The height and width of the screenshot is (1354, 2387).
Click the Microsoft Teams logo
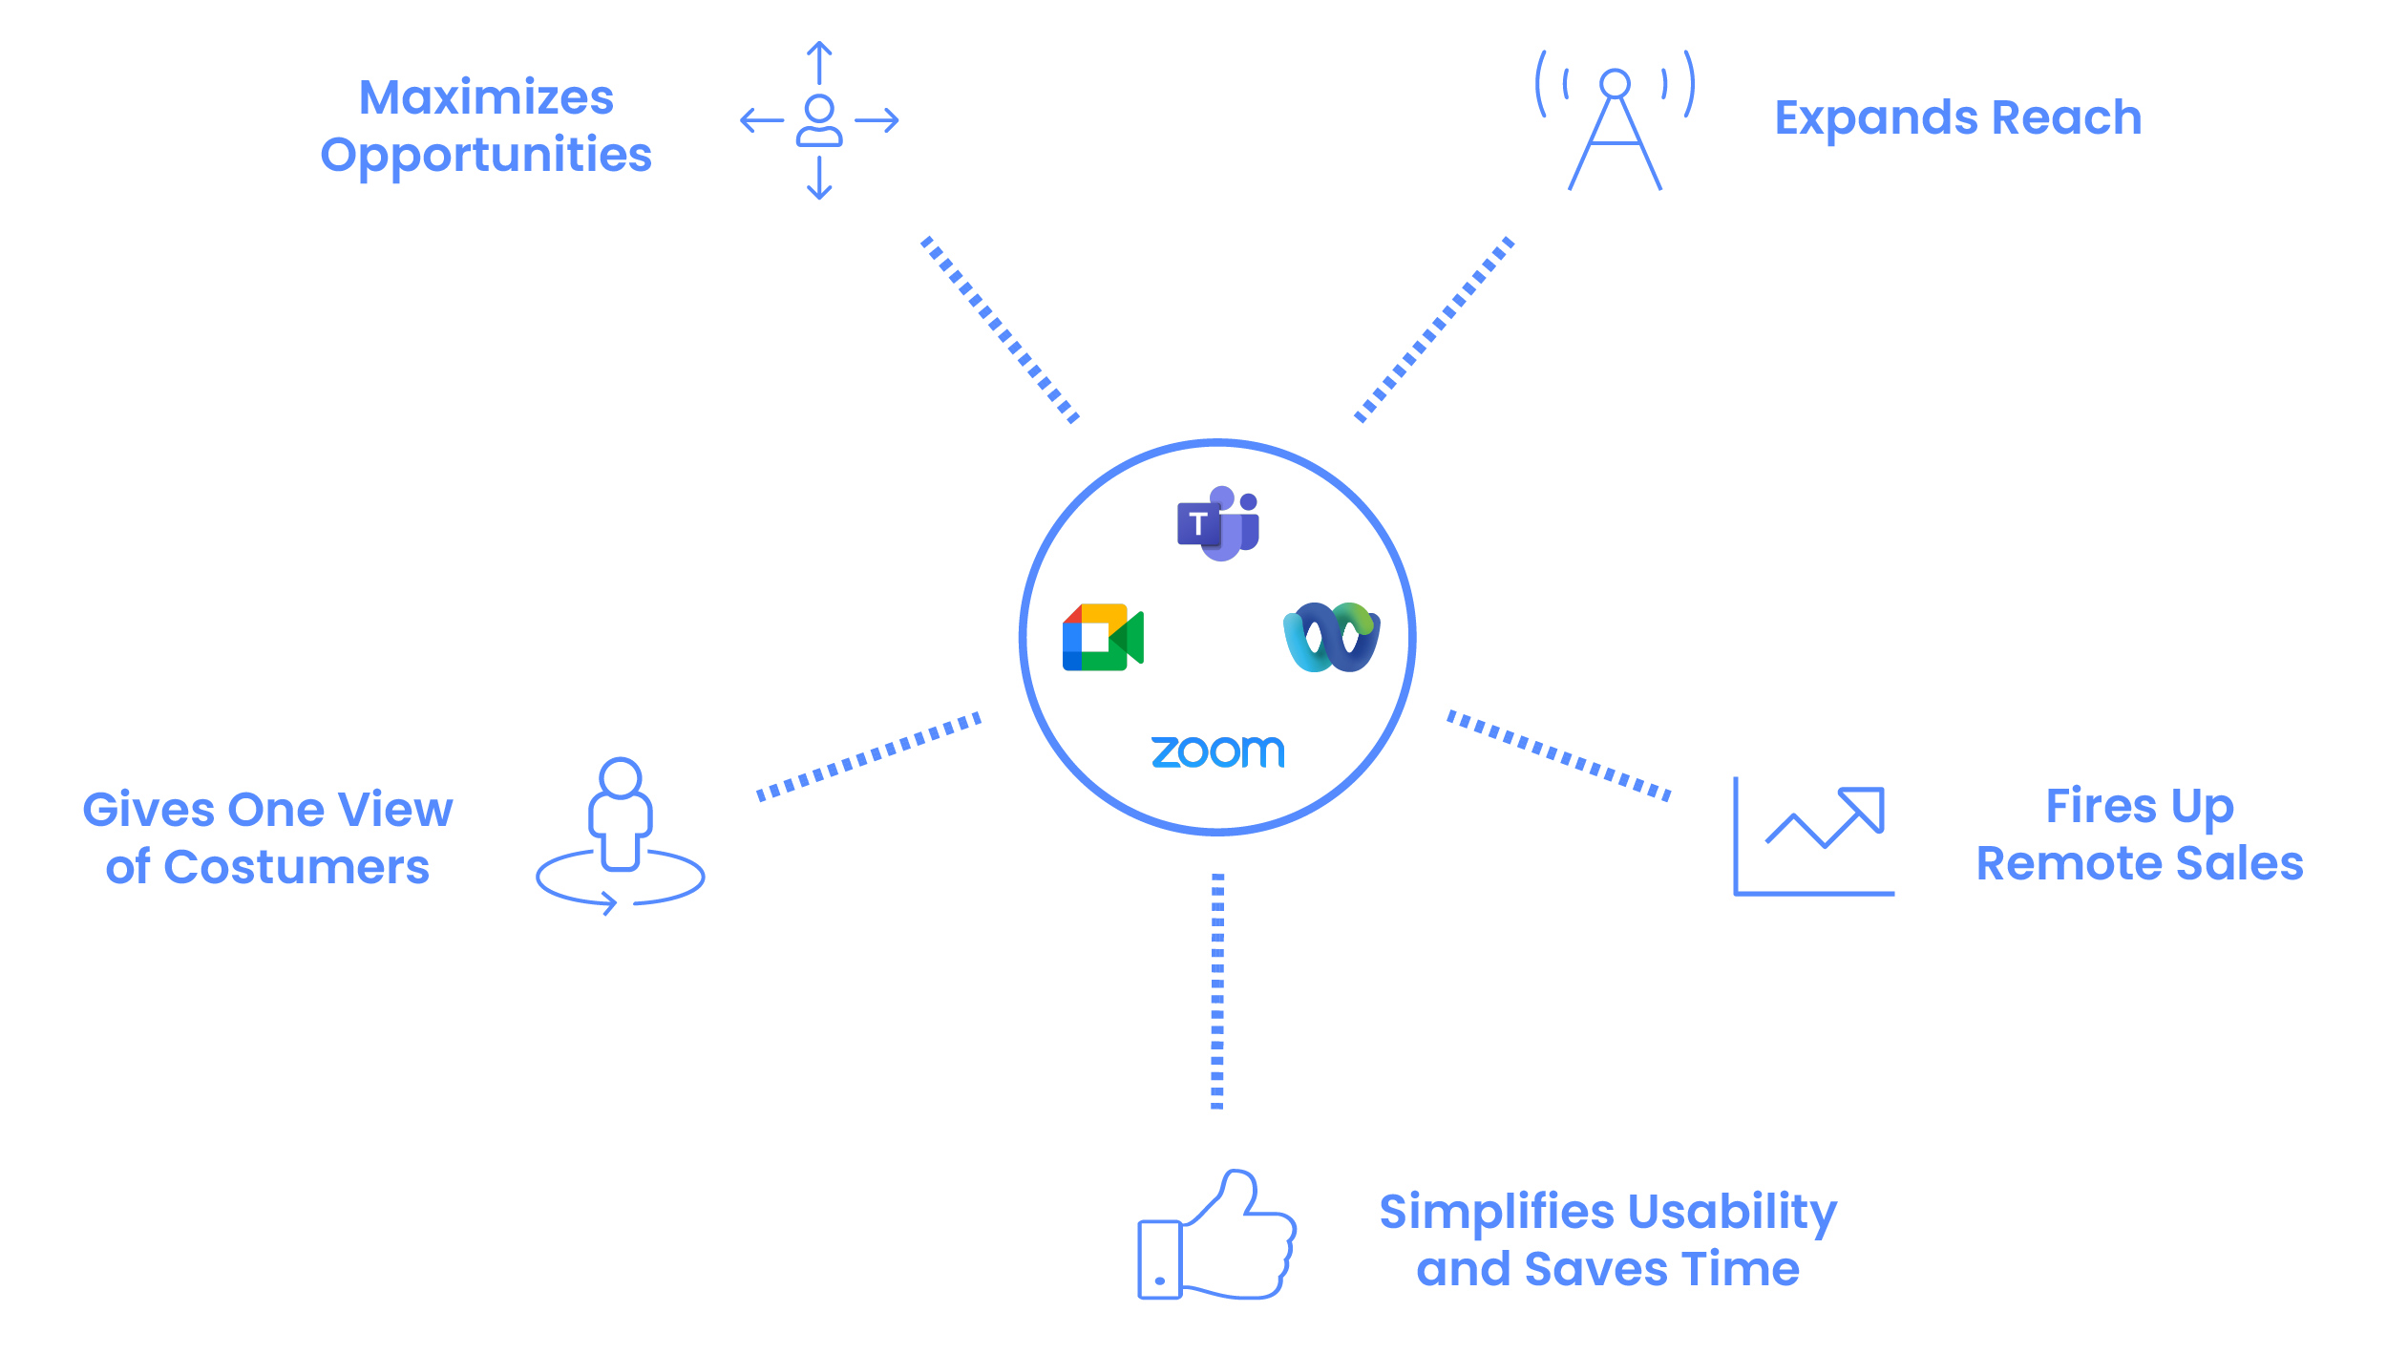click(1218, 523)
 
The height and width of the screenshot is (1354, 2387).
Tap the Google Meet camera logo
click(1103, 637)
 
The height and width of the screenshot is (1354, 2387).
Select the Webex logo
click(1332, 637)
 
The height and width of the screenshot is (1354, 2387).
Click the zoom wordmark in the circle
click(1217, 751)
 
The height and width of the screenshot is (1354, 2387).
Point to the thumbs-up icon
click(1216, 1236)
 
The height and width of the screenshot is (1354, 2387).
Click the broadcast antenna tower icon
click(1615, 121)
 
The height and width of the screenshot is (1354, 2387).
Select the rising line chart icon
click(1813, 836)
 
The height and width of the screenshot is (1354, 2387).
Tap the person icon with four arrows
click(819, 121)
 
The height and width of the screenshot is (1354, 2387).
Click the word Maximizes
click(486, 97)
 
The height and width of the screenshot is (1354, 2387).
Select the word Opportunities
click(486, 155)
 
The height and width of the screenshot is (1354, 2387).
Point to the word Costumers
click(297, 868)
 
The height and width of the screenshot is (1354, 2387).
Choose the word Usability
click(1732, 1212)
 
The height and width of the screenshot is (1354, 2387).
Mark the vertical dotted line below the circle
click(1217, 990)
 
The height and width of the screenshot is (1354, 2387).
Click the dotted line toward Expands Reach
click(1434, 329)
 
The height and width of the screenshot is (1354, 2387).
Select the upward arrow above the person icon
click(819, 62)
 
